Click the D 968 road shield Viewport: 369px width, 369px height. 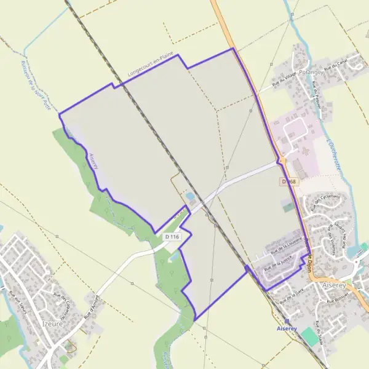pyautogui.click(x=289, y=181)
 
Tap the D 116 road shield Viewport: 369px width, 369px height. pyautogui.click(x=173, y=236)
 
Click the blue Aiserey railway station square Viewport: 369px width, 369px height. pyautogui.click(x=287, y=320)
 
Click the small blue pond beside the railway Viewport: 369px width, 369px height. pyautogui.click(x=190, y=197)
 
